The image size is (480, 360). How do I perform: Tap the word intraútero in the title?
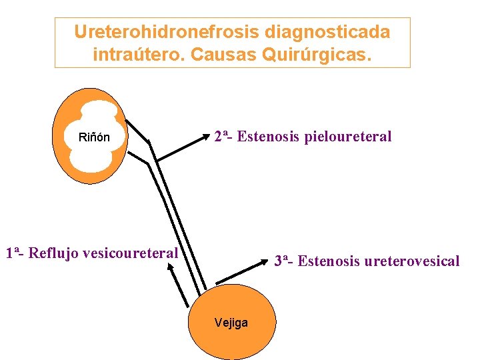[138, 54]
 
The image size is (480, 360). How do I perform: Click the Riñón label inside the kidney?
[94, 138]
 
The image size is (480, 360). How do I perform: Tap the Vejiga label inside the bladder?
[231, 323]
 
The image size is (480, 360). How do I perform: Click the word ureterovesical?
[412, 261]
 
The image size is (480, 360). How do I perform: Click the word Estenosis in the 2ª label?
[269, 137]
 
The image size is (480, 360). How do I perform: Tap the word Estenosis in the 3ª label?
[329, 261]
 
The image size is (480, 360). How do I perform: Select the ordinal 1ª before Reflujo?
[15, 253]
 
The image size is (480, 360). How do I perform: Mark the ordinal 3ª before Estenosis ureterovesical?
[283, 261]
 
